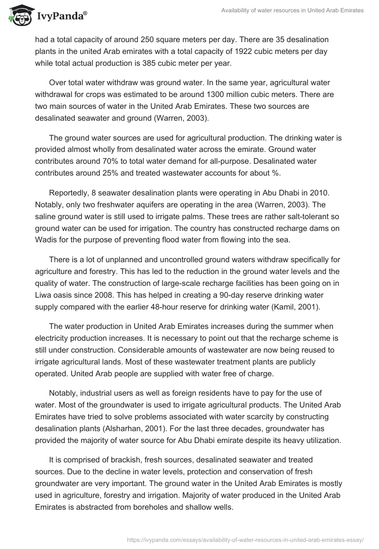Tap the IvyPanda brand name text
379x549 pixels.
pos(62,16)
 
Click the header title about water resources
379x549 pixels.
pos(292,11)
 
